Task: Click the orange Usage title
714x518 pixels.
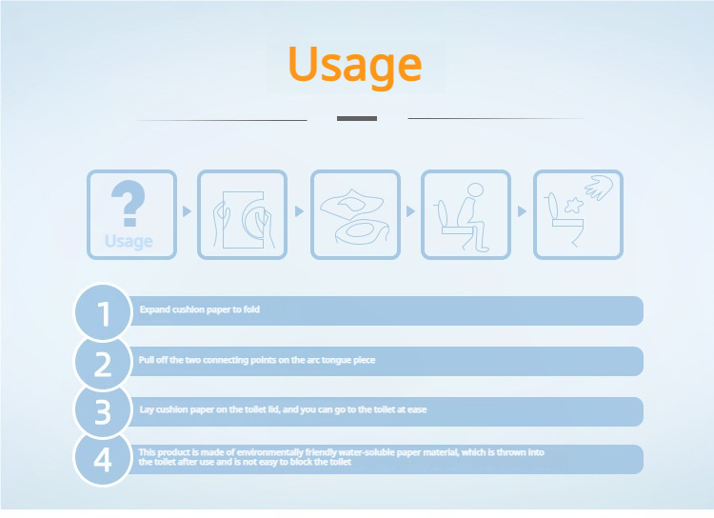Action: point(355,65)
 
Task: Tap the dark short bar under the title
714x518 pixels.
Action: point(357,118)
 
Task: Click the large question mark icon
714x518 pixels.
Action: point(129,203)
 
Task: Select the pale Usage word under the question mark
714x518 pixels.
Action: point(129,242)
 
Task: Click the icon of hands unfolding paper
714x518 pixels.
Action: point(242,215)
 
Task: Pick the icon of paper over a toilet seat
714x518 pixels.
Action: point(356,215)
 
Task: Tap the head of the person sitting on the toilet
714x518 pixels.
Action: point(475,189)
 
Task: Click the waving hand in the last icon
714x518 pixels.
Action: point(599,188)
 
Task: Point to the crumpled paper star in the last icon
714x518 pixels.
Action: point(574,206)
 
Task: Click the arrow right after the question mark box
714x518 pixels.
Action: point(187,211)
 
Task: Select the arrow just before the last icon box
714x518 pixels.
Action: point(522,211)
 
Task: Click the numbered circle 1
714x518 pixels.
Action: point(103,312)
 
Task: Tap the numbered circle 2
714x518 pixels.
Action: point(103,363)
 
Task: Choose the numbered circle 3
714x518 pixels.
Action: point(103,411)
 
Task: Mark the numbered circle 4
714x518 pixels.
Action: point(103,458)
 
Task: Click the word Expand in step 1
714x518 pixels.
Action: point(154,309)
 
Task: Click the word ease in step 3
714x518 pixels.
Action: point(417,409)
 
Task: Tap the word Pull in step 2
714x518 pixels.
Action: point(146,360)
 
